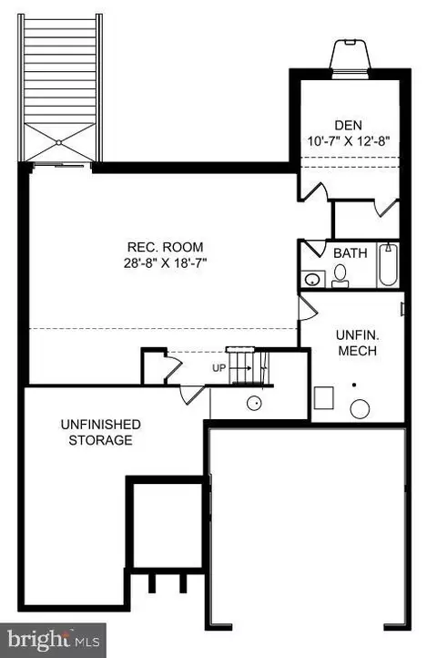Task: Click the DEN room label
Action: click(348, 125)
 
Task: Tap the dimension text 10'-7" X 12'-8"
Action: click(349, 141)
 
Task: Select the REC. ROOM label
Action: click(165, 247)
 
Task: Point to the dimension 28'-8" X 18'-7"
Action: click(165, 263)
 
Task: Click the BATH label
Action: click(351, 253)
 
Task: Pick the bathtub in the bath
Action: click(389, 265)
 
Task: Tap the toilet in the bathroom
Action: click(340, 276)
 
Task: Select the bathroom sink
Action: click(312, 280)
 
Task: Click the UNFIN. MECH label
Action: click(357, 343)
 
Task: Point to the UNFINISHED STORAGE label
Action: click(101, 432)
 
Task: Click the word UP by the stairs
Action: click(218, 368)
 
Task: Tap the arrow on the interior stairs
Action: click(240, 368)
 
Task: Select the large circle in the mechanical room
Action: click(360, 409)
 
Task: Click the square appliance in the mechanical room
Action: click(324, 398)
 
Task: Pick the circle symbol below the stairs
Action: click(254, 404)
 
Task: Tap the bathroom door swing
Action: click(315, 248)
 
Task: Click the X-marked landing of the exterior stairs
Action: click(58, 143)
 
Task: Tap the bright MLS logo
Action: click(53, 641)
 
